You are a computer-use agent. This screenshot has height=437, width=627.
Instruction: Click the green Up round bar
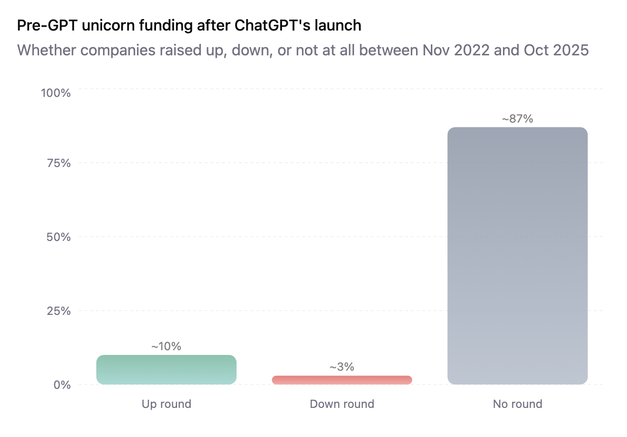point(166,370)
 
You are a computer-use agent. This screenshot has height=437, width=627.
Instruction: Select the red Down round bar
point(342,380)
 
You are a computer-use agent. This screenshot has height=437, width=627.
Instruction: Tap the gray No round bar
point(517,256)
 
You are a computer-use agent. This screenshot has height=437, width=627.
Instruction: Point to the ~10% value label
point(166,346)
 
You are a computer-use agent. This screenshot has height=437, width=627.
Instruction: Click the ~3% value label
point(342,367)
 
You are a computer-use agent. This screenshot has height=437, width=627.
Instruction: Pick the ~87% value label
point(517,119)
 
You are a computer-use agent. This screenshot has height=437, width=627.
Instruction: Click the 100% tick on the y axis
point(56,93)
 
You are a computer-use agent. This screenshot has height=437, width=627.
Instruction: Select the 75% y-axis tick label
point(59,163)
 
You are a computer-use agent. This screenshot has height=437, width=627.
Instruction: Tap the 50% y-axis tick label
point(59,237)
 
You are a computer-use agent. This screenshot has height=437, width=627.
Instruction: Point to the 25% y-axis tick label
point(59,311)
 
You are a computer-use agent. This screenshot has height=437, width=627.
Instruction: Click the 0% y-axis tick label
point(62,385)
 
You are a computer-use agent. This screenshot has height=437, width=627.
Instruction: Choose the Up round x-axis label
point(166,404)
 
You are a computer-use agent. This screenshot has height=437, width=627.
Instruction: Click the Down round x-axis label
point(342,404)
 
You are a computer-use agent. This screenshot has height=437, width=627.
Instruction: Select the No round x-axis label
point(517,404)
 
